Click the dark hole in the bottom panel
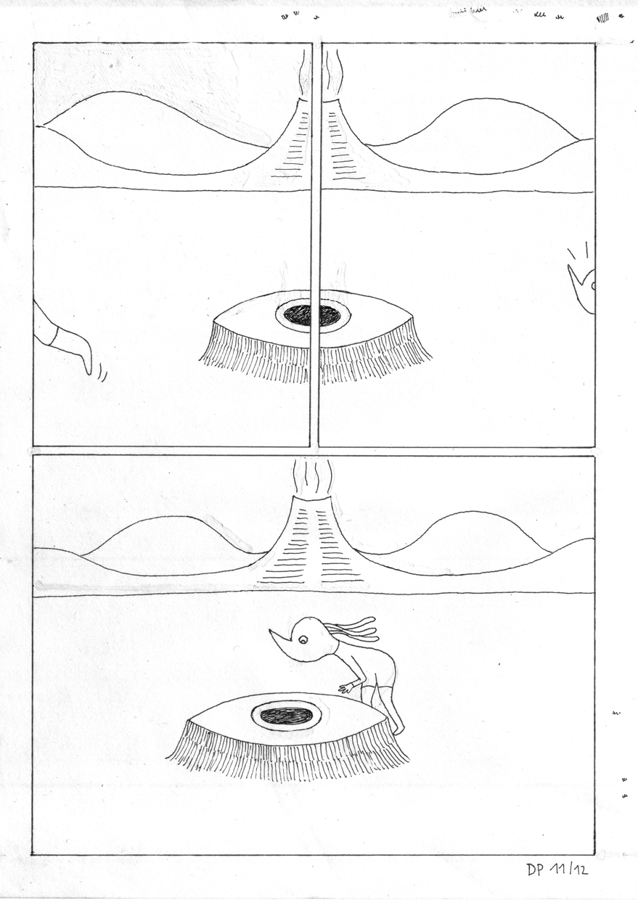point(287,715)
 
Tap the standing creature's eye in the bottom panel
point(303,638)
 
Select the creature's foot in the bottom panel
point(398,729)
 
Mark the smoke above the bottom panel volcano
point(311,476)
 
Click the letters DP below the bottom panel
point(536,870)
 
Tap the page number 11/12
point(573,870)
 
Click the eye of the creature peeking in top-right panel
point(592,285)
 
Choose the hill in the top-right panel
point(479,134)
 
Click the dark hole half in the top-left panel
point(297,315)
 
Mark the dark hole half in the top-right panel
point(330,315)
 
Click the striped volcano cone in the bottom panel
point(311,544)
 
